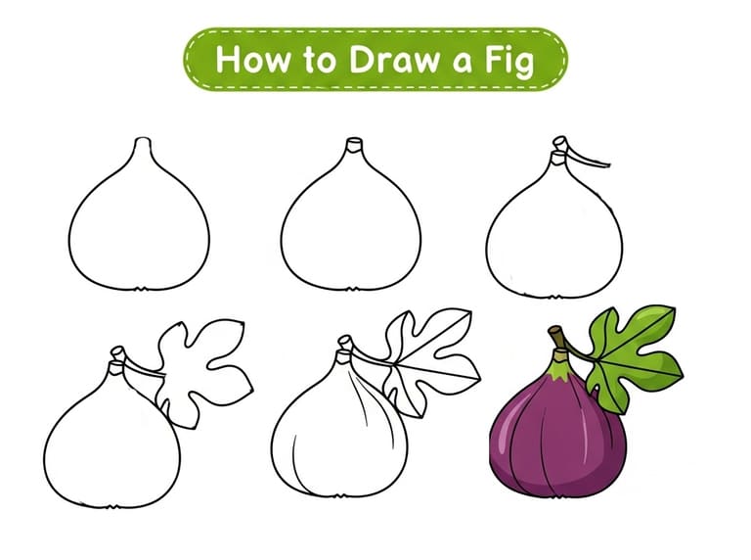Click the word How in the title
253,60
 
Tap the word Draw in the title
394,60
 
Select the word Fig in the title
509,61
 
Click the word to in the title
319,61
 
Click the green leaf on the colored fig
633,355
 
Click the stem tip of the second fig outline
354,145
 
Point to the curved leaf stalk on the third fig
586,158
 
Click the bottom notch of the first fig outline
140,289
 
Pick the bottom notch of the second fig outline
352,289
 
